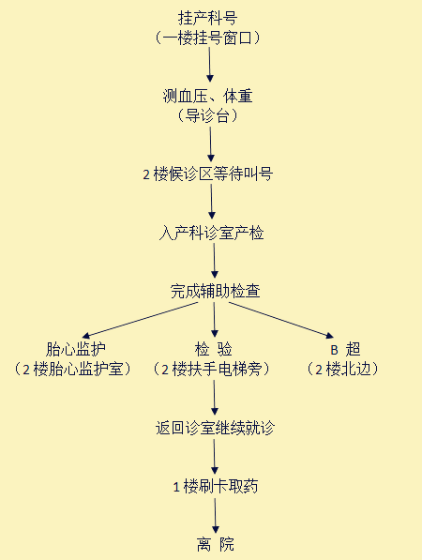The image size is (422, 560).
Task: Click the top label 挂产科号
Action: tap(207, 18)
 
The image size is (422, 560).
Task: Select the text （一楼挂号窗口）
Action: tap(207, 38)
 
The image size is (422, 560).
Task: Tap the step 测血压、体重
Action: tap(208, 96)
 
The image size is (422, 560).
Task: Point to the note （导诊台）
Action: tap(207, 115)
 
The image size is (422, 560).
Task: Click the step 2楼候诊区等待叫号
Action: tap(208, 174)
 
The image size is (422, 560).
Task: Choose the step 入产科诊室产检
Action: tap(211, 234)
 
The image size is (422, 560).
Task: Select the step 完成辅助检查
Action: tap(215, 291)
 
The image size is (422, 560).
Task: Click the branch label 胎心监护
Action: tap(75, 349)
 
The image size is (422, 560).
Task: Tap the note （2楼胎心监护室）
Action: tap(72, 369)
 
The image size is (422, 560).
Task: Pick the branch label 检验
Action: tap(214, 349)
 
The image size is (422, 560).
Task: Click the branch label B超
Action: tap(346, 349)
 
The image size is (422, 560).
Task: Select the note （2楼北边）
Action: tap(342, 369)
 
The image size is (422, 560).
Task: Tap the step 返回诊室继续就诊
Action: tap(215, 428)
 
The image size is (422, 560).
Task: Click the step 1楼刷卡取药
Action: tap(216, 486)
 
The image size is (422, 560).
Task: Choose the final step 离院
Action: tap(216, 544)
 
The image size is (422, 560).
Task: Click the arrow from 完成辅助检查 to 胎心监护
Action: tap(140, 320)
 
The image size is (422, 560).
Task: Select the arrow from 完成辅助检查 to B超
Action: tap(281, 320)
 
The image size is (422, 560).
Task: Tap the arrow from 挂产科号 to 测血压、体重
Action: tap(210, 65)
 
